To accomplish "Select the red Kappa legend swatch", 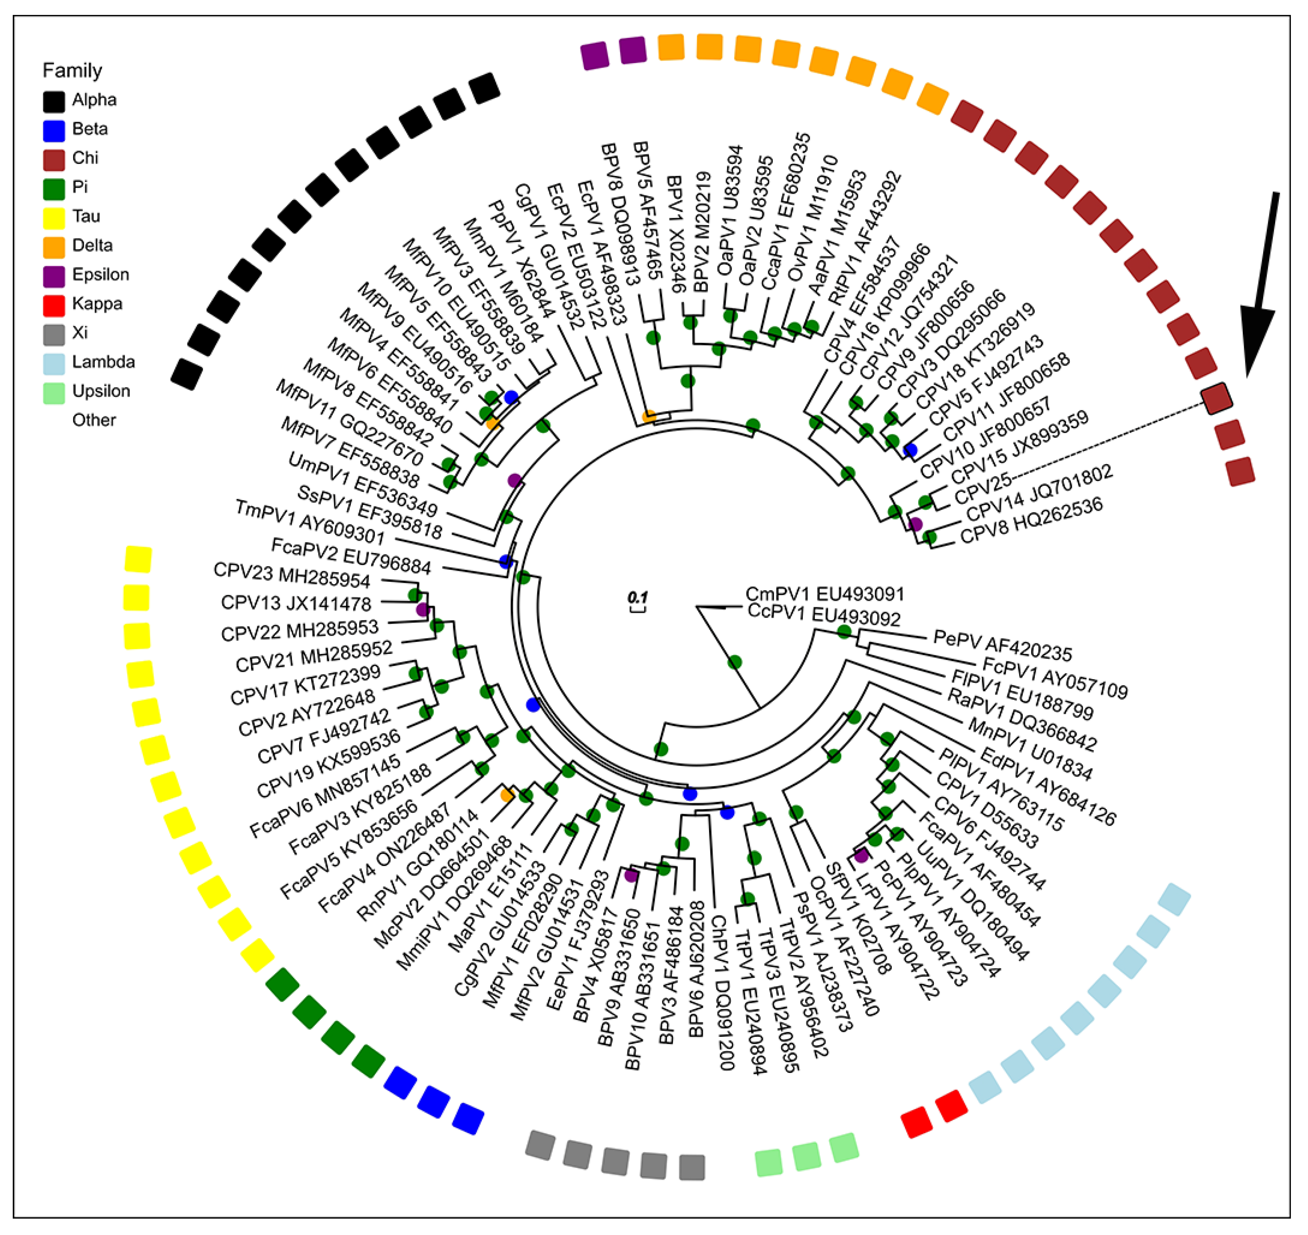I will (54, 305).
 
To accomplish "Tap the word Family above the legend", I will (73, 70).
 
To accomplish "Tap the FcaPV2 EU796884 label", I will (351, 556).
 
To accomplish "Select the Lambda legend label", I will (103, 362).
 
